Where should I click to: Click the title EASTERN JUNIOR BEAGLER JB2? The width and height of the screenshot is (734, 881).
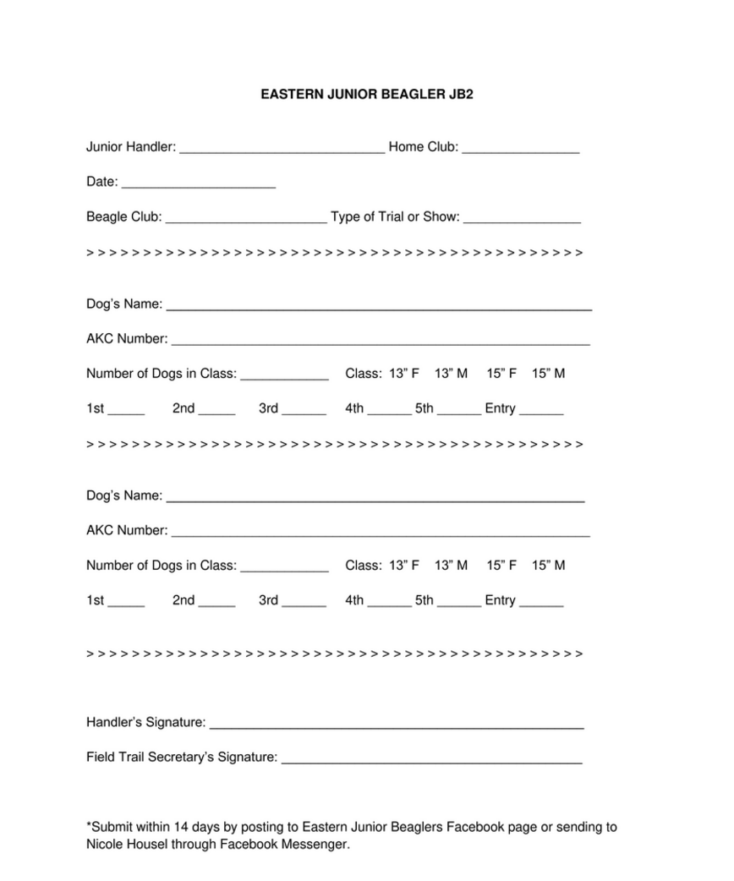click(x=366, y=96)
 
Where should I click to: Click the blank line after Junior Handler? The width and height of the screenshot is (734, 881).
click(x=282, y=149)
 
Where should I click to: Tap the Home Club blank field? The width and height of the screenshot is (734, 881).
click(x=521, y=149)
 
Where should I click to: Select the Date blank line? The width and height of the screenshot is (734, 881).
click(x=199, y=183)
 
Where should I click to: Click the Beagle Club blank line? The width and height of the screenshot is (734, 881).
click(x=246, y=219)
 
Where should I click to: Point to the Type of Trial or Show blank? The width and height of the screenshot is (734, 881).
click(x=522, y=219)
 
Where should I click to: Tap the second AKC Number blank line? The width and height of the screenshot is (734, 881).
click(x=381, y=533)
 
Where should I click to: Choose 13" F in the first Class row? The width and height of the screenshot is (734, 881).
click(x=404, y=374)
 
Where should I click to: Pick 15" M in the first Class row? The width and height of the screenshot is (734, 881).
click(x=549, y=374)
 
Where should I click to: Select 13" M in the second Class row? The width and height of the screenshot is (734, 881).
click(x=451, y=566)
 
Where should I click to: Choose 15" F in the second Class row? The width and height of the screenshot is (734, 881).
click(x=501, y=566)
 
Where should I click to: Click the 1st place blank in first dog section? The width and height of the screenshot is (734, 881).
click(x=126, y=411)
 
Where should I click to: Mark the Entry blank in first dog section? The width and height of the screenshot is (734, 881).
click(x=541, y=411)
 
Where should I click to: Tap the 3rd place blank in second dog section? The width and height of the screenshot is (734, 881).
click(x=304, y=603)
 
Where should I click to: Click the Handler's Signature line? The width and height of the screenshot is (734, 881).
click(x=396, y=725)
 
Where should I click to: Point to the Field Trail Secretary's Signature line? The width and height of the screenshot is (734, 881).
click(x=431, y=760)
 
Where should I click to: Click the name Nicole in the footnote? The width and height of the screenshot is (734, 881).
click(x=104, y=845)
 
